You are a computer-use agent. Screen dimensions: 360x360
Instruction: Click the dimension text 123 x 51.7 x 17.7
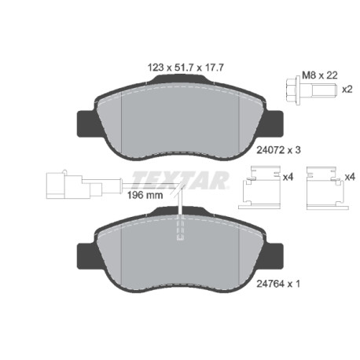click(x=186, y=68)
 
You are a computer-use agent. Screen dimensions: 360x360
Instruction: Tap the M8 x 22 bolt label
click(x=320, y=75)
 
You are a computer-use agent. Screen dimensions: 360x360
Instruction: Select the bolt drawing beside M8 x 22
click(x=311, y=90)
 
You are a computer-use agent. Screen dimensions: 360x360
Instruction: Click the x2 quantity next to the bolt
click(x=347, y=90)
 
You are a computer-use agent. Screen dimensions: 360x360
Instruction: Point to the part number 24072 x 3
click(x=278, y=150)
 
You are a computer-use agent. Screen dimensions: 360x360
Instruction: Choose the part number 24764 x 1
click(x=278, y=284)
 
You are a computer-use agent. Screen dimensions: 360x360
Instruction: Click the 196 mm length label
click(x=145, y=195)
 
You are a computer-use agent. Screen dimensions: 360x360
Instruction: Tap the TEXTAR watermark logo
click(x=180, y=180)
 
